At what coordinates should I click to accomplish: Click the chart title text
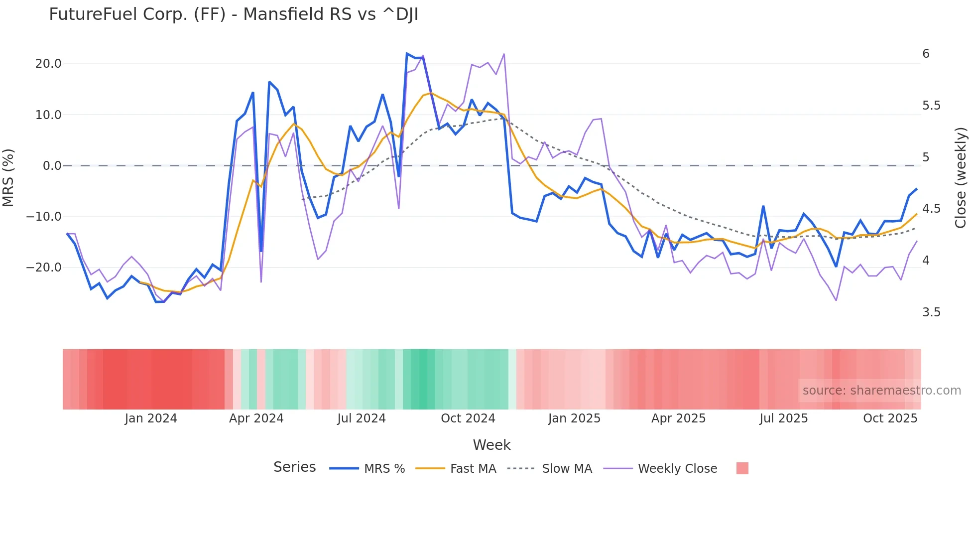234,14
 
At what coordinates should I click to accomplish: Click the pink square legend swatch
742,468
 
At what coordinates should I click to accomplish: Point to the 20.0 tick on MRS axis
48,64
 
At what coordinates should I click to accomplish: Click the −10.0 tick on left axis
44,217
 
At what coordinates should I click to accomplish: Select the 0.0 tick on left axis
52,166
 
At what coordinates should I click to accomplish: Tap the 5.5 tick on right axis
931,106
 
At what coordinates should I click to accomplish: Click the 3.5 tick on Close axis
931,312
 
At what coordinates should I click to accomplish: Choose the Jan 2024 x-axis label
151,418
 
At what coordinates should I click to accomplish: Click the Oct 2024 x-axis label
468,418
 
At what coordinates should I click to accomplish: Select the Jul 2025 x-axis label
783,418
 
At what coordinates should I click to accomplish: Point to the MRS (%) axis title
8,178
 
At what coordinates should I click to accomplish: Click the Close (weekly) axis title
961,178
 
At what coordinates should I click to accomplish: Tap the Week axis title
491,445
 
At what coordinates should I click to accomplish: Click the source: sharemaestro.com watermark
881,391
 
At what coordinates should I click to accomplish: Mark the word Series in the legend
294,467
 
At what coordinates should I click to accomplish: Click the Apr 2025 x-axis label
678,418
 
